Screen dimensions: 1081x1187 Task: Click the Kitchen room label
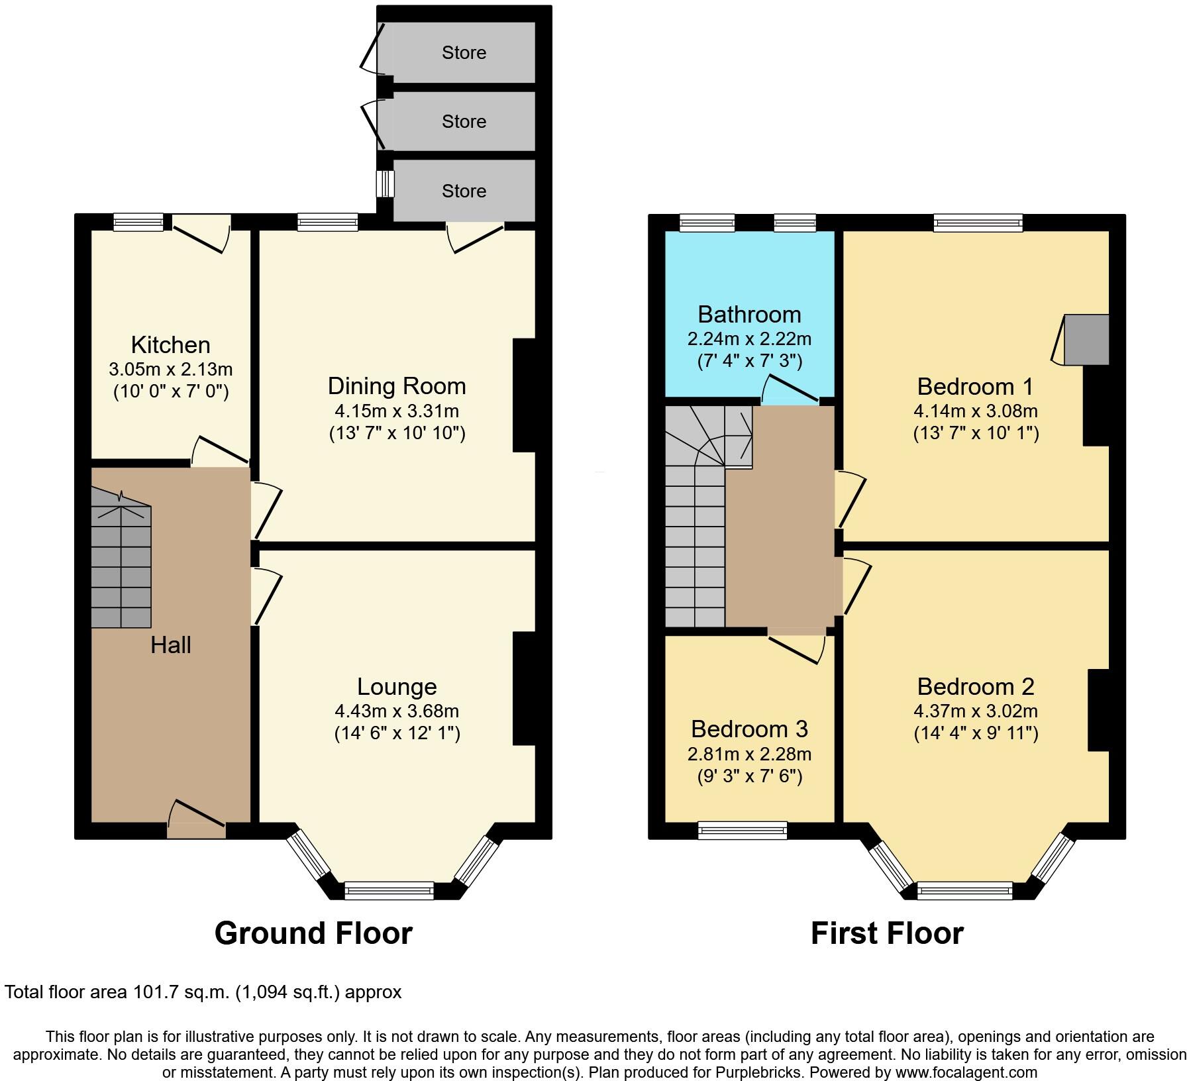click(170, 345)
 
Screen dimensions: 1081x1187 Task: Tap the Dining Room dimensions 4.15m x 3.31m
click(397, 411)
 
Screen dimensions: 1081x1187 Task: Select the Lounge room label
click(397, 687)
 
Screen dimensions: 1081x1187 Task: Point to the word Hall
click(170, 645)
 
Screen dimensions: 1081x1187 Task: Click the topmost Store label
click(464, 53)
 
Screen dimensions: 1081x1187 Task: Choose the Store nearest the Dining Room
click(464, 191)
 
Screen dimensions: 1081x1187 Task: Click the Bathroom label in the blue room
click(749, 314)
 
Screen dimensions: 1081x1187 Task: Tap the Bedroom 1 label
click(975, 386)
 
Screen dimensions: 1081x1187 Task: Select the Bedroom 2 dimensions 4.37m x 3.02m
click(975, 711)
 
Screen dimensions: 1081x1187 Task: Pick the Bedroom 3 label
click(749, 729)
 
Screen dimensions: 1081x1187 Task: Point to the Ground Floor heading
click(313, 933)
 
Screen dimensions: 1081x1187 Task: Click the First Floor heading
click(887, 933)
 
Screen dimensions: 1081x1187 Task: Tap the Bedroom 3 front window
click(743, 831)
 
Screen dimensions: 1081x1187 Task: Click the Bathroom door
click(792, 391)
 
